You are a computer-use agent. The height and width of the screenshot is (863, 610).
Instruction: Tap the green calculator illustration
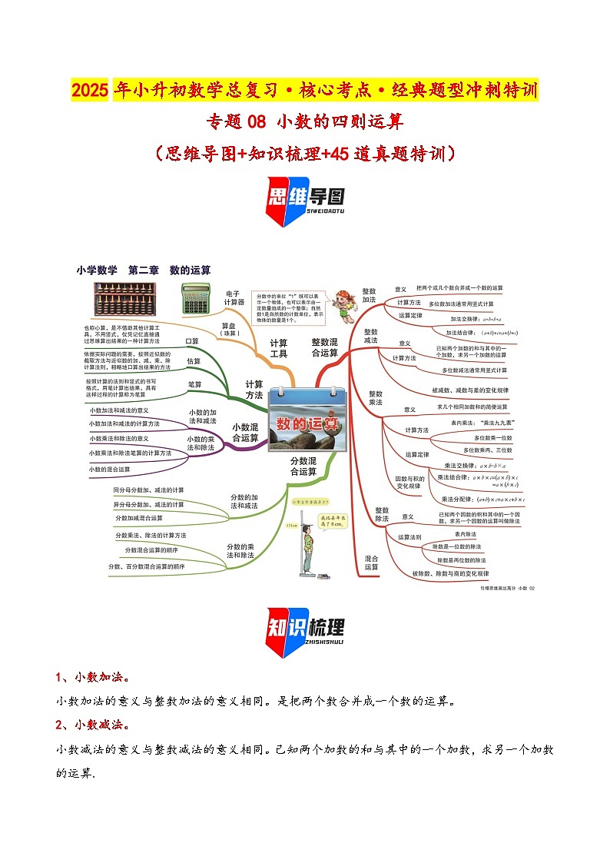[x=194, y=297]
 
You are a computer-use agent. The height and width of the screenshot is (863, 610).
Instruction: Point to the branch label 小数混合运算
[x=245, y=433]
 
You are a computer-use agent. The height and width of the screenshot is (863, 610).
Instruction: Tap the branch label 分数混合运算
[x=303, y=466]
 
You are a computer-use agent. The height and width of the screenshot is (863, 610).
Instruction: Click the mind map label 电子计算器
[x=233, y=297]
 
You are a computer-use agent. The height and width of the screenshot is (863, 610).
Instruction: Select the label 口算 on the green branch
[x=192, y=340]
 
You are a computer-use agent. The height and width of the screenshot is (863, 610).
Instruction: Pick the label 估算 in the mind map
[x=193, y=360]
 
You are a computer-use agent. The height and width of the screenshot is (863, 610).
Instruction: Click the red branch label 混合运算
[x=371, y=563]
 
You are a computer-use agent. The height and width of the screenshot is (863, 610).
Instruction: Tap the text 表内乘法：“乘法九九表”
[x=482, y=423]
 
